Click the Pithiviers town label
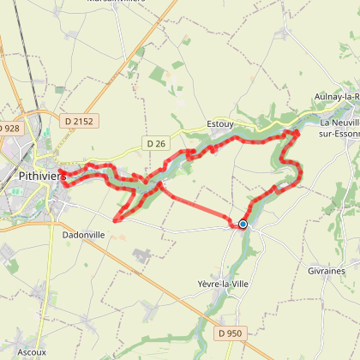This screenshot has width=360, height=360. click(x=37, y=176)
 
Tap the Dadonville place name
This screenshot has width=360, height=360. click(x=83, y=231)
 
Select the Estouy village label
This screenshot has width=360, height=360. click(x=221, y=123)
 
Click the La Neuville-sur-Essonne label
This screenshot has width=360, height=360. click(x=338, y=128)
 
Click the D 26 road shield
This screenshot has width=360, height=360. click(x=155, y=143)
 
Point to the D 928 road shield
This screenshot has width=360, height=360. click(x=9, y=128)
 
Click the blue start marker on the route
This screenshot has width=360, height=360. click(x=243, y=225)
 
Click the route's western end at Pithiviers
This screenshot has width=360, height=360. click(x=63, y=177)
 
